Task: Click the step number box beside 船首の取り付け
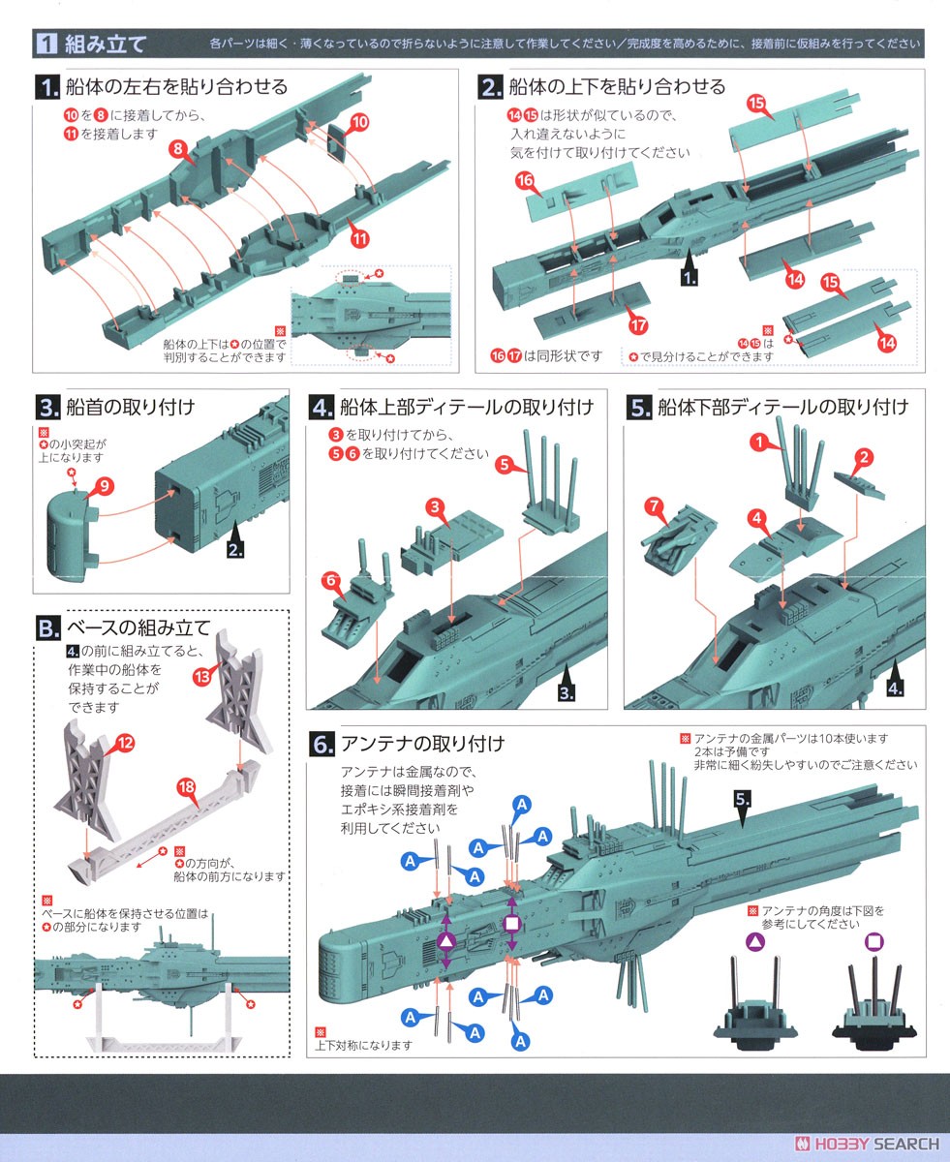46,407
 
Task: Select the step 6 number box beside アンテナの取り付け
322,745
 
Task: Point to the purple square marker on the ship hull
511,923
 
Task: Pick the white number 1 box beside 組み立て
47,43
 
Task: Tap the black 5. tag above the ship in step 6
743,800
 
